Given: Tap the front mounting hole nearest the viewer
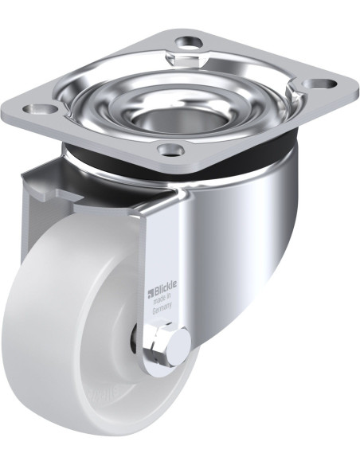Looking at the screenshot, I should coord(170,148).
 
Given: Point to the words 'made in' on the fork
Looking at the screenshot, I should coord(164,306).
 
